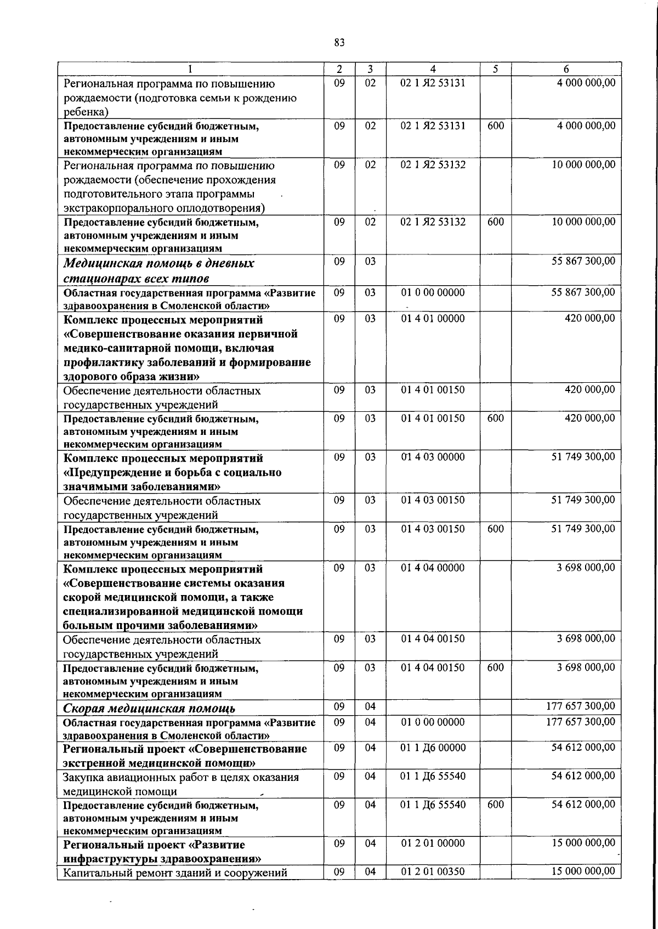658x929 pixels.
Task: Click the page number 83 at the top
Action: click(339, 43)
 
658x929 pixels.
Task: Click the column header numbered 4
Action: click(433, 69)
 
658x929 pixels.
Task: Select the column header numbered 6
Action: click(566, 69)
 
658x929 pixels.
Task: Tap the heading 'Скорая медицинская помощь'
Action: click(149, 709)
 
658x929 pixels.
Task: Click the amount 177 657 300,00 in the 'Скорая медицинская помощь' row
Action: click(581, 706)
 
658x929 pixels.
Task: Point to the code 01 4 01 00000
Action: click(433, 319)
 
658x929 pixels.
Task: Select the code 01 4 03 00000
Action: click(433, 457)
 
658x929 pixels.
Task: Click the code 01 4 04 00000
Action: click(433, 568)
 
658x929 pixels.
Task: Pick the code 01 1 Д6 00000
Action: click(433, 747)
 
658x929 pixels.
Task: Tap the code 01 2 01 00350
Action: click(433, 871)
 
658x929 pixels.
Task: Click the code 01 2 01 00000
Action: click(433, 843)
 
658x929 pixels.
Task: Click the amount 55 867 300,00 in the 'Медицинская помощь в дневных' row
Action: click(583, 261)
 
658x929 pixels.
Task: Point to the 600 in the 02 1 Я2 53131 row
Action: click(495, 126)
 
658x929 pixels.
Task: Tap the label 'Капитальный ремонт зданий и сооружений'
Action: click(175, 873)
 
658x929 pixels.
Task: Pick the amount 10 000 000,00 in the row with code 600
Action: click(583, 222)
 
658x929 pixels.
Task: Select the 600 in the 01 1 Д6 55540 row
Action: click(495, 805)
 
